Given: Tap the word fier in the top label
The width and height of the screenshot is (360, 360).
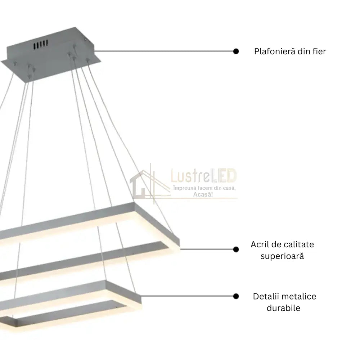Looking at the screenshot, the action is [319, 51].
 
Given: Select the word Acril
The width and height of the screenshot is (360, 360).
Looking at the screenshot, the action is [259, 244].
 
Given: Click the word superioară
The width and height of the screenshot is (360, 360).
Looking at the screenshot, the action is [282, 256].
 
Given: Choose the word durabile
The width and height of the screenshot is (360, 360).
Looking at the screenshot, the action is [283, 308].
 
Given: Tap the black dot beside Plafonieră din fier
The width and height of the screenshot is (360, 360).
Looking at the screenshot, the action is [236, 51].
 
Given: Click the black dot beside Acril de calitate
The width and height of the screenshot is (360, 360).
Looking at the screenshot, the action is [236, 249].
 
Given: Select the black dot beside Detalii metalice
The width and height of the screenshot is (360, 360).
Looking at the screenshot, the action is [236, 296].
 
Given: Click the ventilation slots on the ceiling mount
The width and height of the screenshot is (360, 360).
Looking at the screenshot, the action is [41, 44].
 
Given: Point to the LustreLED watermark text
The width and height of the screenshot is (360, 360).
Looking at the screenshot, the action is [204, 176].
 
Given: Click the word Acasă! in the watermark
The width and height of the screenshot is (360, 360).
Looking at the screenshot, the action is [203, 194].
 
